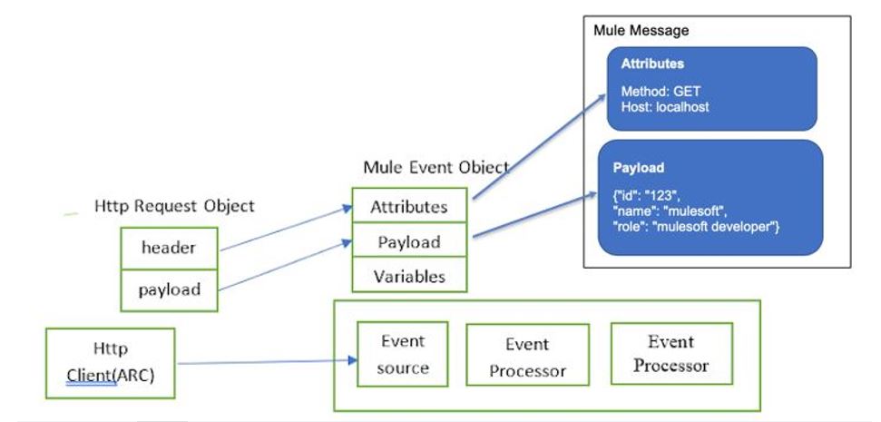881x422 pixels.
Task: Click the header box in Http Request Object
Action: tap(169, 249)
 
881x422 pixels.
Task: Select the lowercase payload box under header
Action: tap(169, 290)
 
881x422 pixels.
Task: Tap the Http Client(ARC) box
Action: tap(110, 363)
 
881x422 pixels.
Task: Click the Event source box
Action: tap(402, 354)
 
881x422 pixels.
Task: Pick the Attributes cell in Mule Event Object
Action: tap(409, 206)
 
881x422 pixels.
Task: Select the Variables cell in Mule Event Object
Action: tap(409, 275)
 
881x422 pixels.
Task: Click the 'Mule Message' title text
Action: tap(641, 30)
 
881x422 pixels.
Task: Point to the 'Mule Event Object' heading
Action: tap(436, 167)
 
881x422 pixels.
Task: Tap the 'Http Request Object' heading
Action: tap(174, 206)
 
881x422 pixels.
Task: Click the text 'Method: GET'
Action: tap(661, 91)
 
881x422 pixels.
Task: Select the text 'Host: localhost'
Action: tap(665, 106)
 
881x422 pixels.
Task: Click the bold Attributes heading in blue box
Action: tap(652, 64)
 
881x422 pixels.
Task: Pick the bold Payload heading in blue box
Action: tap(638, 168)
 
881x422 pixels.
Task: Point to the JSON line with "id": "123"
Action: tap(647, 197)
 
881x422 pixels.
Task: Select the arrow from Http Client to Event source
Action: tap(267, 362)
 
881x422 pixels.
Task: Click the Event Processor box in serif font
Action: tap(671, 353)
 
